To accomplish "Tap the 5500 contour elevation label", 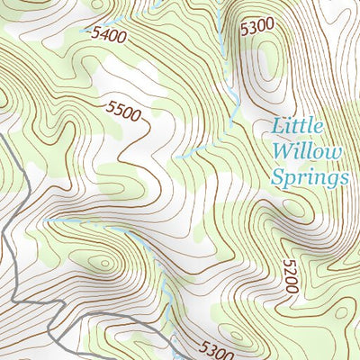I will [123, 111].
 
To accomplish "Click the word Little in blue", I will [297, 127].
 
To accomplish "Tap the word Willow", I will [309, 151].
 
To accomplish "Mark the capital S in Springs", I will [278, 176].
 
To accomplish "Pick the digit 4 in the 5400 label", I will [101, 35].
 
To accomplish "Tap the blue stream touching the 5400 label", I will [88, 31].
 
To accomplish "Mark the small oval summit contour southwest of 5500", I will [104, 263].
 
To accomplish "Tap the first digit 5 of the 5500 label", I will [111, 106].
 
